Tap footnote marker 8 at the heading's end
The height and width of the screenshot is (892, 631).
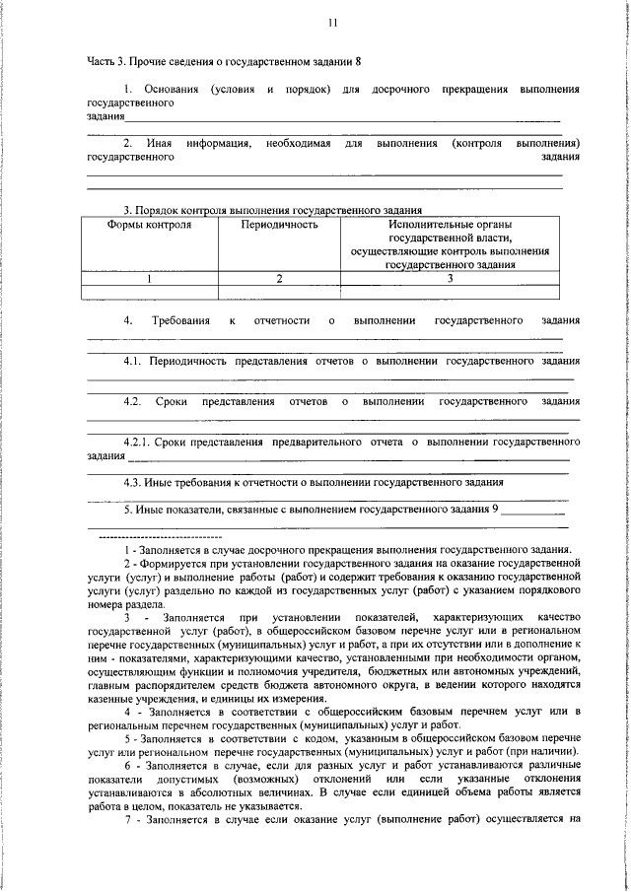click(x=358, y=61)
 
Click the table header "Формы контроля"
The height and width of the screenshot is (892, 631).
click(x=149, y=225)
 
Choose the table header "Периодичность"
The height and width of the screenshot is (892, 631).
click(x=279, y=225)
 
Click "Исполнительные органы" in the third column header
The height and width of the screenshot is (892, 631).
click(x=451, y=225)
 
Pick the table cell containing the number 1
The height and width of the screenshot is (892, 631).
click(x=150, y=279)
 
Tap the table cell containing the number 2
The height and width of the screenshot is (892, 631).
click(x=279, y=279)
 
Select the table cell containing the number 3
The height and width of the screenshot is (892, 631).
click(x=451, y=279)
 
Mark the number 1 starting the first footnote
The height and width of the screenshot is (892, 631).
click(x=127, y=549)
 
